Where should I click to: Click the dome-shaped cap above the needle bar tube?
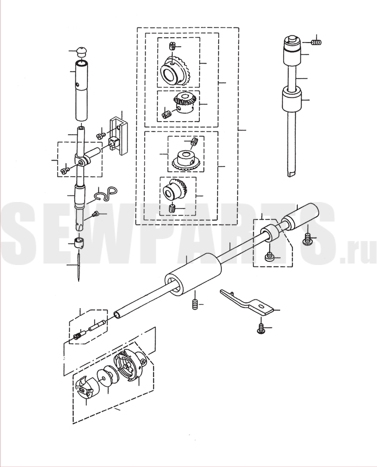tap(81, 51)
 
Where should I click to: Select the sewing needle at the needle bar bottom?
tap(78, 266)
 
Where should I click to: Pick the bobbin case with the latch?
tap(85, 387)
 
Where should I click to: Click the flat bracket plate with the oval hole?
tap(247, 302)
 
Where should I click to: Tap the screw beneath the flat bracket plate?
tap(261, 329)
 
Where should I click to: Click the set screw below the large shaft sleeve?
tap(195, 305)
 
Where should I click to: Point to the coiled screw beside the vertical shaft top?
tap(316, 43)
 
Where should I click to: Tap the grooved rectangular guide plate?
tap(120, 136)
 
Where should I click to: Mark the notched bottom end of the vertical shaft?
tap(292, 172)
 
